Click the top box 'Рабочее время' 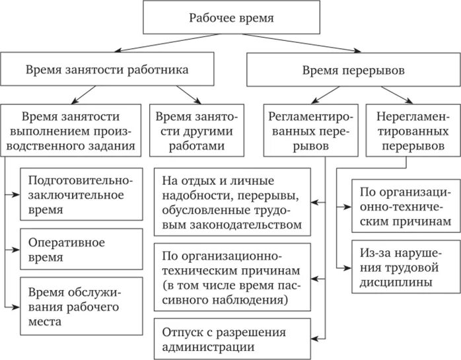coord(230,17)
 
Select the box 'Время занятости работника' coord(107,69)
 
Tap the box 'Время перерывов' coord(353,69)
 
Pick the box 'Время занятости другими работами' coord(197,129)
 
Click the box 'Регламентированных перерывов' coord(310,129)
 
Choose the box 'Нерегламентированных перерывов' coord(412,129)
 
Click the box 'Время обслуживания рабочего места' coord(81,306)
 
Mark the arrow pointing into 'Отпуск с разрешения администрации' coord(319,337)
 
